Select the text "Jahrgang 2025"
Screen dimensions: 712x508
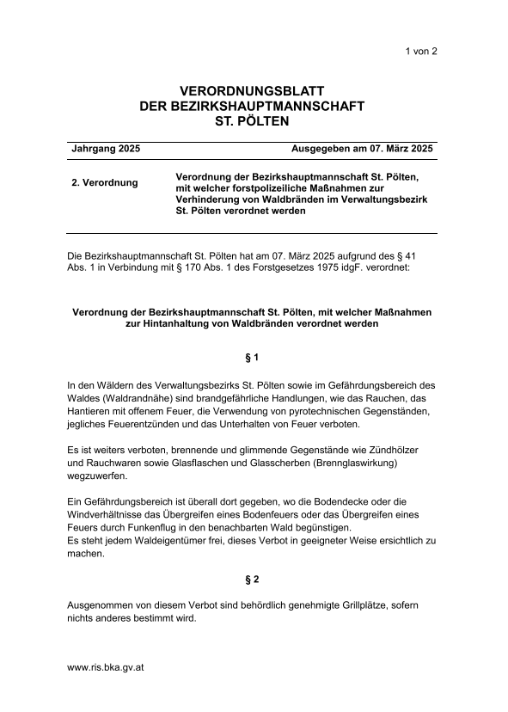click(106, 149)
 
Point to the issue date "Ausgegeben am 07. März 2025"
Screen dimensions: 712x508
click(362, 149)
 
